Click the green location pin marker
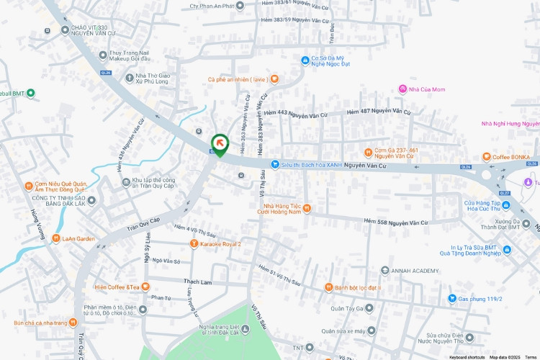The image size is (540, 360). pyautogui.click(x=219, y=144)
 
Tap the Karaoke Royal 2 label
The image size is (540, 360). pyautogui.click(x=220, y=244)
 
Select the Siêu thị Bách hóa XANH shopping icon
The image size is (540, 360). pyautogui.click(x=274, y=165)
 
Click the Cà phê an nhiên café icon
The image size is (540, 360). pyautogui.click(x=274, y=79)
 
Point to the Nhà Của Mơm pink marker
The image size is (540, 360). pyautogui.click(x=402, y=89)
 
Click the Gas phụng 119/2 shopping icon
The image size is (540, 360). pyautogui.click(x=452, y=298)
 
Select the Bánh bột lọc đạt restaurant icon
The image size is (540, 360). pyautogui.click(x=328, y=287)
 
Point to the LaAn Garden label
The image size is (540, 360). pyautogui.click(x=78, y=238)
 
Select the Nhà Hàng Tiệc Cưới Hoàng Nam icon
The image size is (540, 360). pyautogui.click(x=307, y=208)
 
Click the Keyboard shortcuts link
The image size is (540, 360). pyautogui.click(x=467, y=357)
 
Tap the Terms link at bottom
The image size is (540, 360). pyautogui.click(x=531, y=357)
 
